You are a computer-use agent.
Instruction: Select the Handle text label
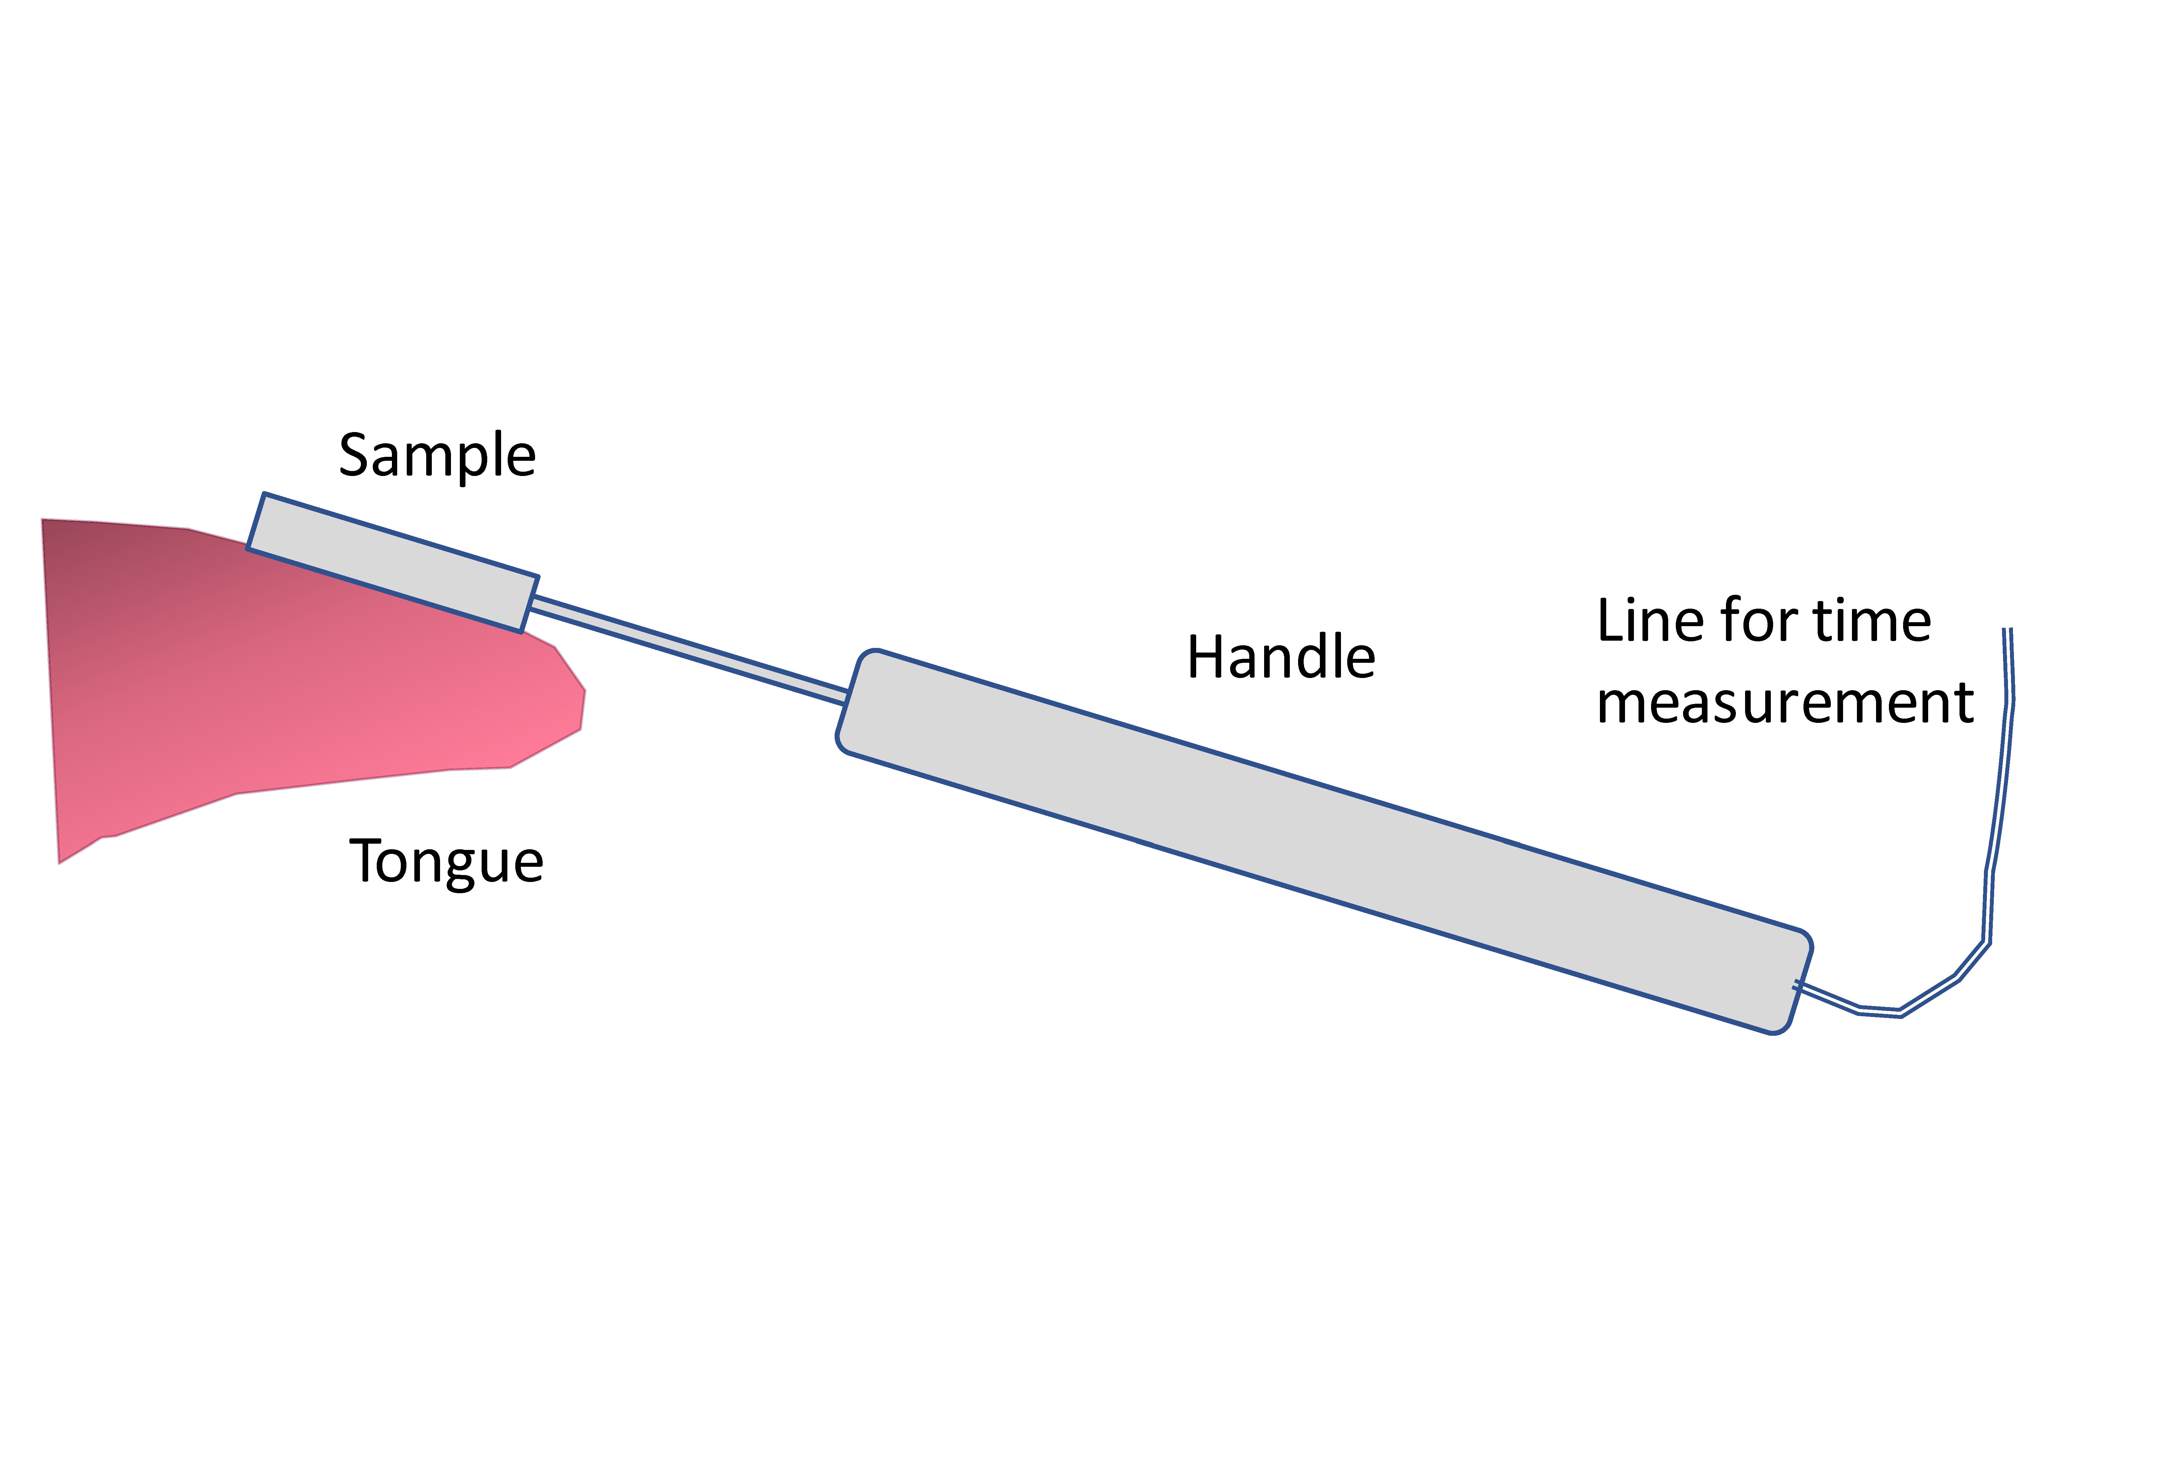[1280, 658]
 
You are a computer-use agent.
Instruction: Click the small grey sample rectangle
[393, 562]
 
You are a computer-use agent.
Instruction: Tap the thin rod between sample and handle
[690, 649]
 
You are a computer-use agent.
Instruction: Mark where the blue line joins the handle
[1797, 984]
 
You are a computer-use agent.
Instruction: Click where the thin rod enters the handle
[847, 696]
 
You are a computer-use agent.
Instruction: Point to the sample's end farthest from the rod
[256, 523]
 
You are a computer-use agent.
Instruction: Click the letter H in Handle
[1205, 658]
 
